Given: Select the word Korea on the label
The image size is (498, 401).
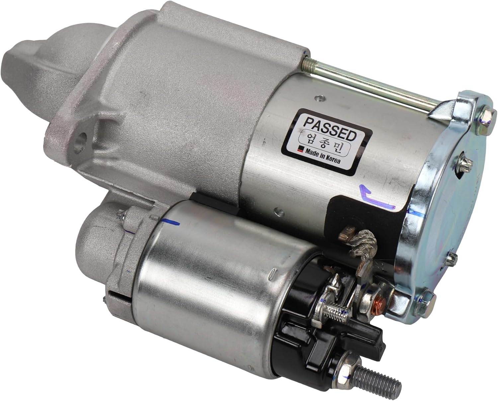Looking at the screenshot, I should [x=333, y=161].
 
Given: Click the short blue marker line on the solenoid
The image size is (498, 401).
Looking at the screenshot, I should [x=171, y=221].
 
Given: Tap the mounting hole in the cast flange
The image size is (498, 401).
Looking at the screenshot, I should [x=80, y=140].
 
